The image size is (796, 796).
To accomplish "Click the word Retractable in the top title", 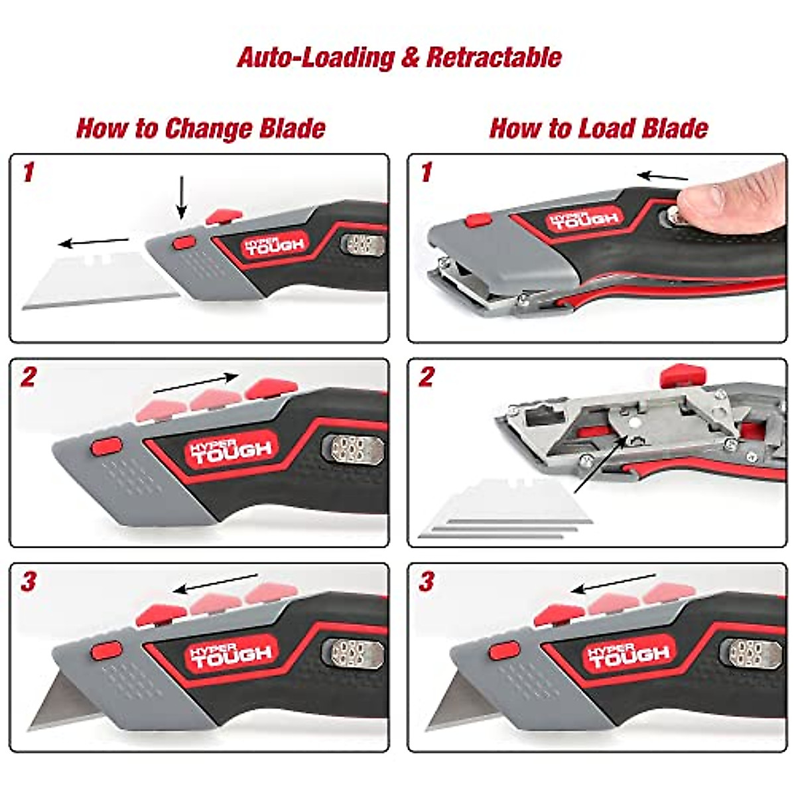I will [494, 57].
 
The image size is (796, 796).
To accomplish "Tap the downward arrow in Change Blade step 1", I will [182, 197].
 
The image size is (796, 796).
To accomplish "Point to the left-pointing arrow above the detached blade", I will [94, 241].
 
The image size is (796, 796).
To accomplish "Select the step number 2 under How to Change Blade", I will [29, 378].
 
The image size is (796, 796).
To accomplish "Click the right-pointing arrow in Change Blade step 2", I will [196, 383].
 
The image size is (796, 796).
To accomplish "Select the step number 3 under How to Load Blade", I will [426, 582].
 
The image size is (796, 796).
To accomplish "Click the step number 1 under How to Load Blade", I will [426, 174].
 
